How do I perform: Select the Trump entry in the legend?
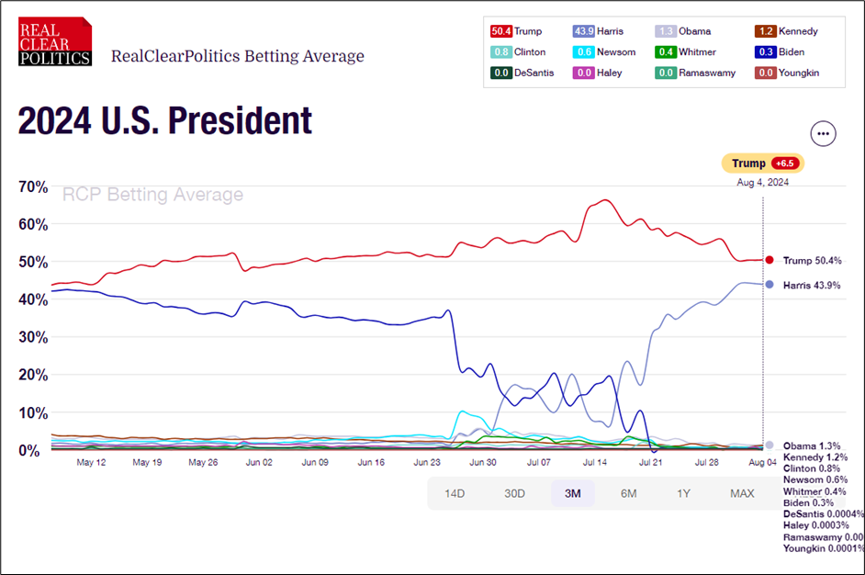[516, 31]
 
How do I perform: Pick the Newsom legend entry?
[604, 52]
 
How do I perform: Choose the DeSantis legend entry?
[521, 73]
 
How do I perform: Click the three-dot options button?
[823, 133]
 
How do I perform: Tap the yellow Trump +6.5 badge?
[762, 163]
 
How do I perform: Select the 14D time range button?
[455, 493]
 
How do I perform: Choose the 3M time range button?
[572, 493]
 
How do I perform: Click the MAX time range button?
[742, 493]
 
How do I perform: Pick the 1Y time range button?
[683, 493]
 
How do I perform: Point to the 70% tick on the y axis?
[33, 186]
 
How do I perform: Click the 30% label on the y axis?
[33, 337]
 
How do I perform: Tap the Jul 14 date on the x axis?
[596, 463]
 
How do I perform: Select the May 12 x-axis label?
[92, 463]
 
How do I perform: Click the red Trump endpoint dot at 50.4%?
[770, 260]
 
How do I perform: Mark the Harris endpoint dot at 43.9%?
[770, 285]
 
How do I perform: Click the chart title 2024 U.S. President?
[165, 120]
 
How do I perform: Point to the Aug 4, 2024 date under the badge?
[762, 182]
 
